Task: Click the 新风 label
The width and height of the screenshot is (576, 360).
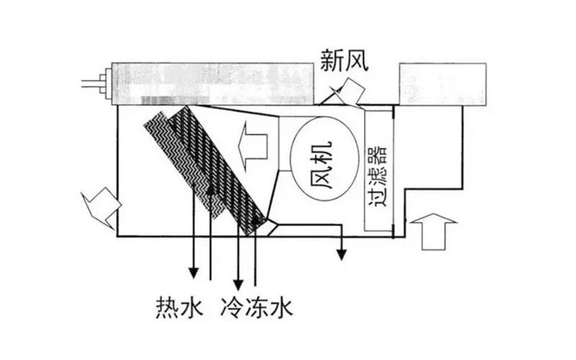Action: (344, 60)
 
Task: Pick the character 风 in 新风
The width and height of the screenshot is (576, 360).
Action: (357, 60)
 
